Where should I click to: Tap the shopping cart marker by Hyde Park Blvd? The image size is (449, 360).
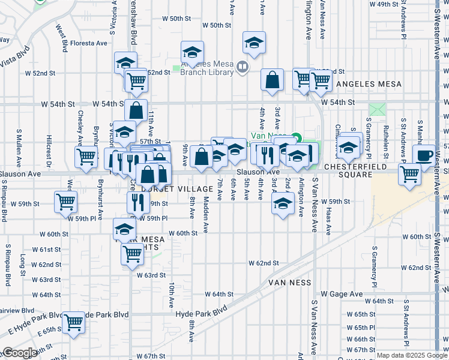click(74, 323)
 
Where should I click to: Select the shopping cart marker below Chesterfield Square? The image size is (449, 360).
click(410, 175)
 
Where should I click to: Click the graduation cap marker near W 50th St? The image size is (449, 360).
click(254, 43)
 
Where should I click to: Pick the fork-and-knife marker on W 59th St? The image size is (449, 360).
click(138, 203)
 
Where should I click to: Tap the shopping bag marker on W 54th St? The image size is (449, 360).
click(136, 110)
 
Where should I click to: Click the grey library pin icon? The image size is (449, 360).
click(243, 67)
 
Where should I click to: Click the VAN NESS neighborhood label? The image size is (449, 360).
click(289, 282)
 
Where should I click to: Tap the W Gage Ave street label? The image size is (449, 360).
click(342, 294)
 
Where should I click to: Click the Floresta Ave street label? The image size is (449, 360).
click(88, 43)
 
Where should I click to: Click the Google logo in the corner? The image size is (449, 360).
click(20, 353)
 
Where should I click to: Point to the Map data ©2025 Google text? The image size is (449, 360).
click(411, 356)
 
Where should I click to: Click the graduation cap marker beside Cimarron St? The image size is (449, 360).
click(348, 147)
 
